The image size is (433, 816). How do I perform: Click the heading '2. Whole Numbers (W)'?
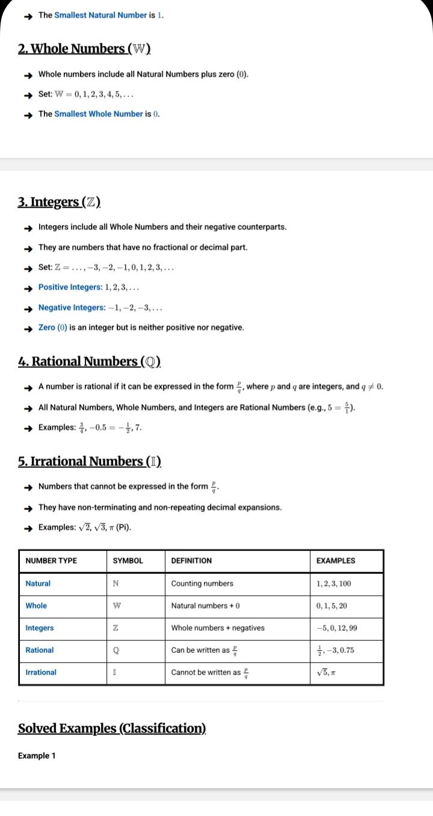click(x=84, y=49)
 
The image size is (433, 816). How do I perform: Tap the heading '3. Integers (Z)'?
click(x=59, y=202)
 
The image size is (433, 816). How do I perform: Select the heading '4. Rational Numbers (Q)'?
click(x=90, y=361)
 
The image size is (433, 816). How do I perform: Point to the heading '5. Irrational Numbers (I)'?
click(x=90, y=461)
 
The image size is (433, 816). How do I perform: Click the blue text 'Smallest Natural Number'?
click(x=100, y=15)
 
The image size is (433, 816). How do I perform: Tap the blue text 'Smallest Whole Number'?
click(x=99, y=114)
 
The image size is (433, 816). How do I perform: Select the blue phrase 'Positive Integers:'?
click(x=67, y=287)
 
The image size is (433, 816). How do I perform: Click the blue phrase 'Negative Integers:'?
click(x=69, y=308)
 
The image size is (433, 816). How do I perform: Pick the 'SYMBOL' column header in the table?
click(x=128, y=561)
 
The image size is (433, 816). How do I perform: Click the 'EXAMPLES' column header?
click(x=336, y=561)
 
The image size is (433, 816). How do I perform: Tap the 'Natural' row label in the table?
click(x=38, y=584)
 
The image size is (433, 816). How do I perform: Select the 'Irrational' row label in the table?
click(x=41, y=672)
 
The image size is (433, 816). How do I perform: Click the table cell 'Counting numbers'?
click(x=202, y=584)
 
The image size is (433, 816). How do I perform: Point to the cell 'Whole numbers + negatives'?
click(x=218, y=628)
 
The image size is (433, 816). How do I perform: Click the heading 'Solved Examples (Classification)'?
click(x=112, y=729)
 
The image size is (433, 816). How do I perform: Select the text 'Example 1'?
click(x=37, y=756)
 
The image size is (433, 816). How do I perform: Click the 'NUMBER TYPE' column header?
click(x=51, y=561)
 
